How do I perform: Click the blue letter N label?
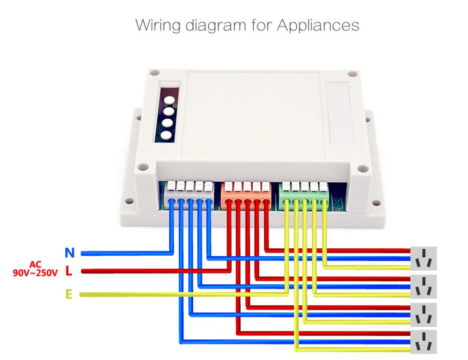[70, 253]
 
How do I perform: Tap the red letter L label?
[69, 271]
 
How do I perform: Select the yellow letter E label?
[69, 295]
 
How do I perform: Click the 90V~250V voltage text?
[35, 274]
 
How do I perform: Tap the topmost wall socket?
[424, 259]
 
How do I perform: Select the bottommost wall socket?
[424, 342]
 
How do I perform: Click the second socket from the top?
[424, 286]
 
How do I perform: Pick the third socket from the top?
[424, 314]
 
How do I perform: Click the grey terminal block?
[190, 193]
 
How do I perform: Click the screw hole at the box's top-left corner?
[156, 73]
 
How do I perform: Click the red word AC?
[35, 265]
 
